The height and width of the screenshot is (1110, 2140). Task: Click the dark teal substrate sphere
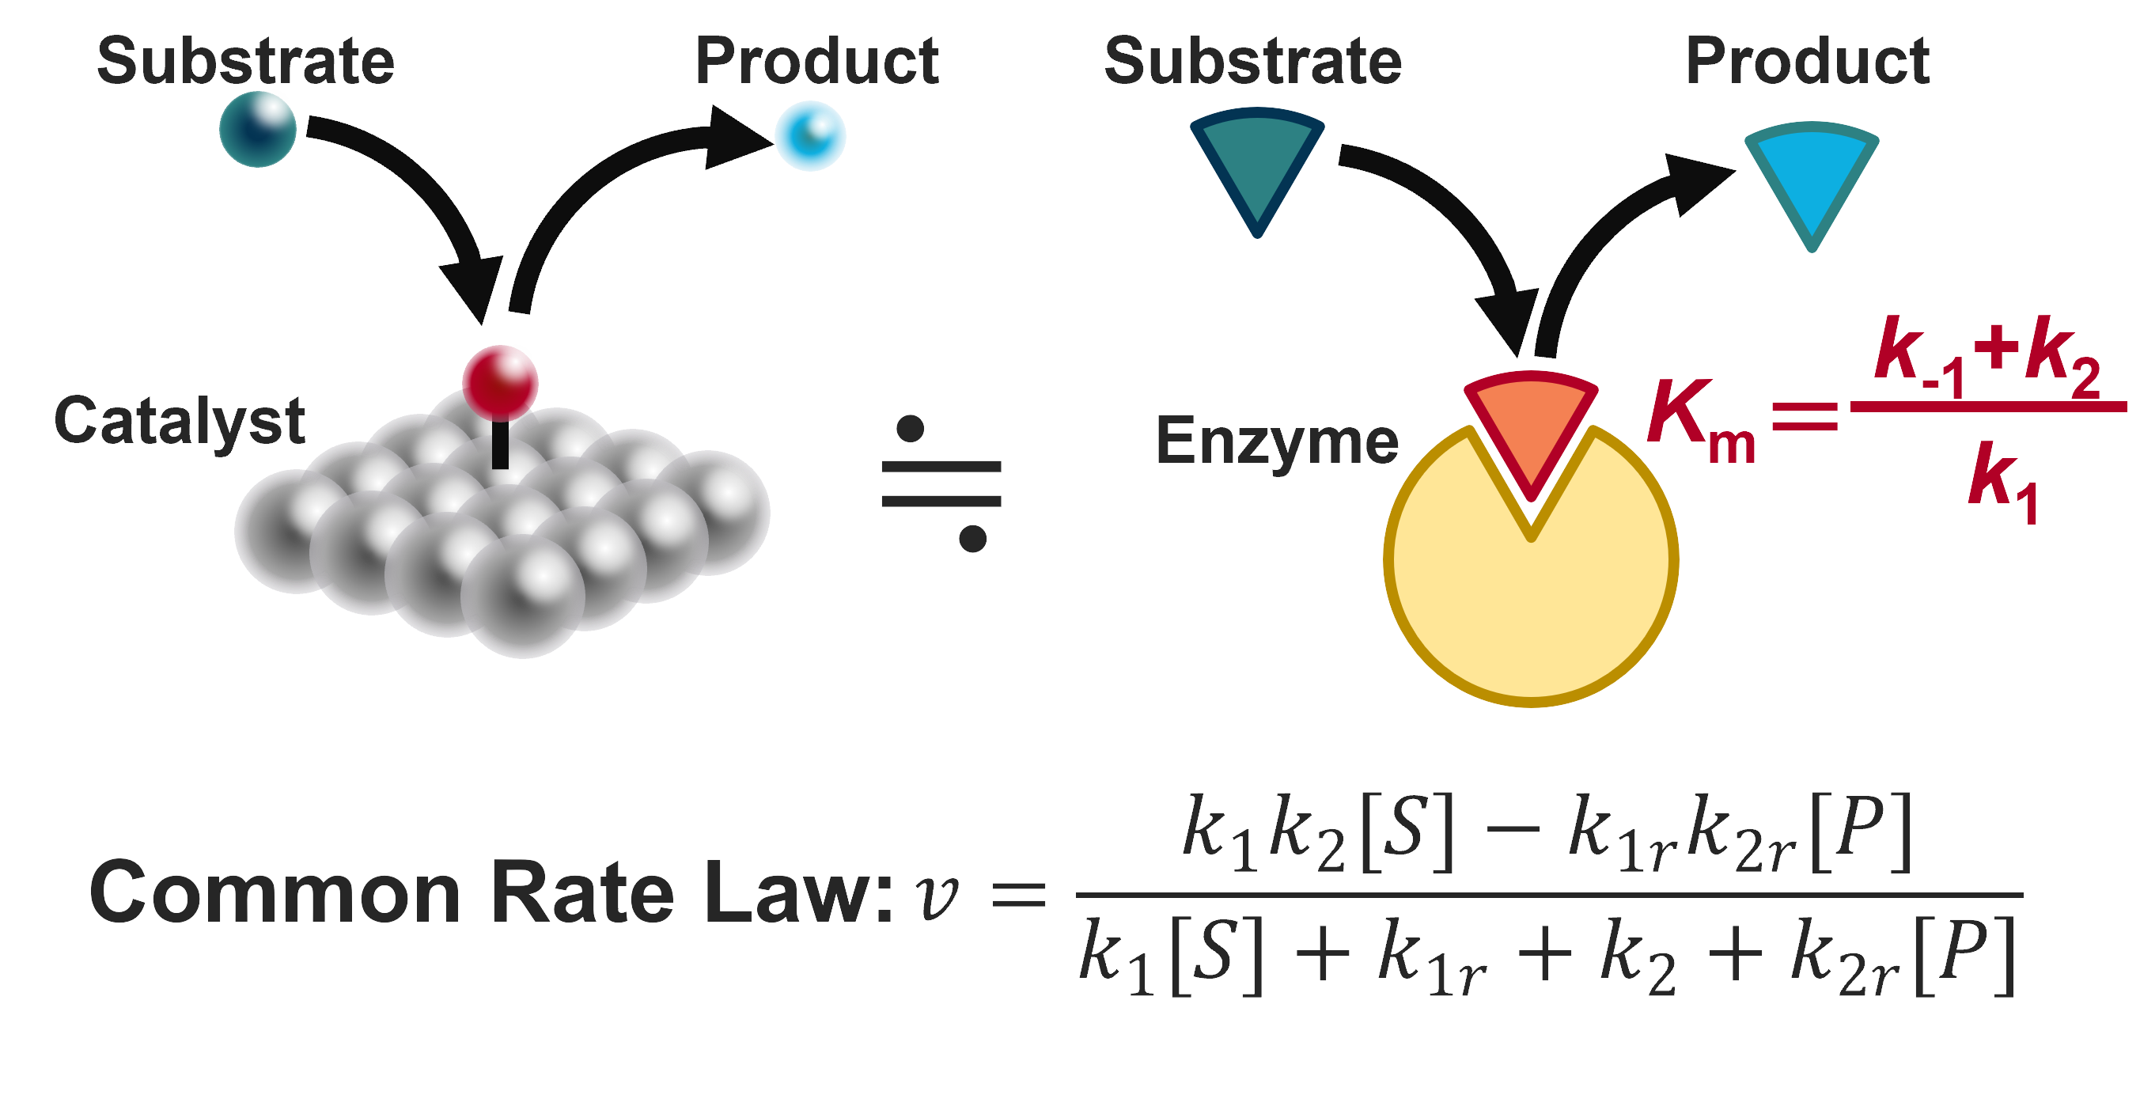coord(258,130)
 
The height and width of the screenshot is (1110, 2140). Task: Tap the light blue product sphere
coord(810,135)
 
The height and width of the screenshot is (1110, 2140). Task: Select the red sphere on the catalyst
coord(500,382)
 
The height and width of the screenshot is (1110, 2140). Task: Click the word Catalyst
coord(180,420)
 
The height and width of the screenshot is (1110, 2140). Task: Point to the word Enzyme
coord(1277,441)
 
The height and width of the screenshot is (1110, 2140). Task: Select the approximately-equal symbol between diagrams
coord(941,483)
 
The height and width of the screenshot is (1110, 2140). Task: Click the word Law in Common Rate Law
coord(797,893)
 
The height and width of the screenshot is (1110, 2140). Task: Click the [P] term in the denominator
coord(1964,956)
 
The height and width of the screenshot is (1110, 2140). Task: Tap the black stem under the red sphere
coord(500,445)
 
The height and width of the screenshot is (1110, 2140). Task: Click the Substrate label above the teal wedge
coord(1253,62)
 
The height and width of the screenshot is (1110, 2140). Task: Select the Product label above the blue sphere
coord(816,62)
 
